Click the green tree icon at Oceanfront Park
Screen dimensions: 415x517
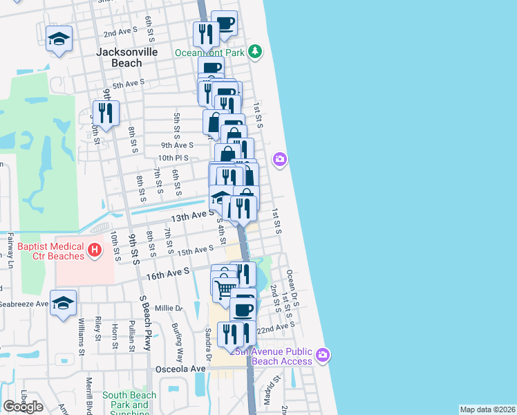pos(256,51)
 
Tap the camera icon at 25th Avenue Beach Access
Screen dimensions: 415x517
pos(323,356)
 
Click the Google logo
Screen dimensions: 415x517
pos(23,407)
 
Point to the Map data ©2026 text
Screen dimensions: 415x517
pos(488,409)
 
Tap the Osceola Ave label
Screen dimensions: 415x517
pos(180,369)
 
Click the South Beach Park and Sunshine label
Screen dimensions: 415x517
pos(130,400)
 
